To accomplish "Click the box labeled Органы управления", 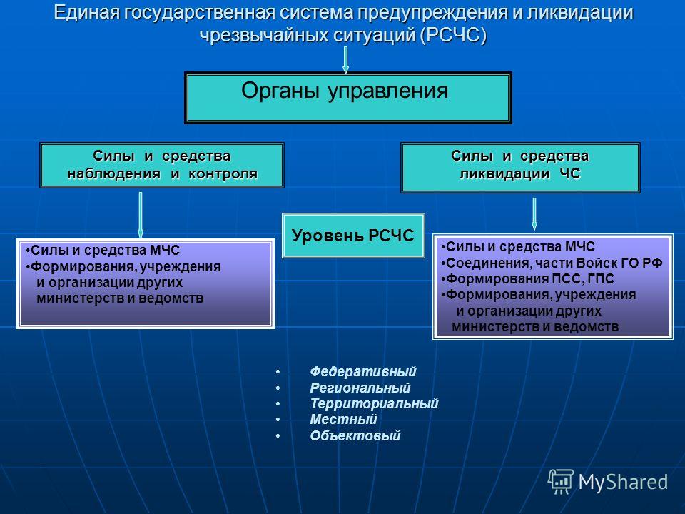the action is pos(347,98).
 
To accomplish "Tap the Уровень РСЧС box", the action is pos(353,236).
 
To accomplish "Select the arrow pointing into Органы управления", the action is pos(345,60).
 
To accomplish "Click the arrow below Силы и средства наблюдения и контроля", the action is pos(141,216).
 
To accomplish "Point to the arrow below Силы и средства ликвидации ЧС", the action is pos(534,214).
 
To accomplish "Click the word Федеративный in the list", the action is pos(362,371).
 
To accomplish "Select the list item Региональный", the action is pos(360,388).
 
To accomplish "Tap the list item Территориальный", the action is pos(374,403).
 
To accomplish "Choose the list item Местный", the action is pos(343,420).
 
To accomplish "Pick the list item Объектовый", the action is pos(355,435).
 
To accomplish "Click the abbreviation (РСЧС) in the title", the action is pos(453,35).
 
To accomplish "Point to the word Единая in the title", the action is pos(86,12).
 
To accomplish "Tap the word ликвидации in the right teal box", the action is pos(504,174).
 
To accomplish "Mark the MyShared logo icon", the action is pos(561,481).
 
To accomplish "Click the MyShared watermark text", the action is pos(623,483).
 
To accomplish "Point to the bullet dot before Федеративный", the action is pos(278,372).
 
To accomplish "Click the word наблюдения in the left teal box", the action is pos(113,174).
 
